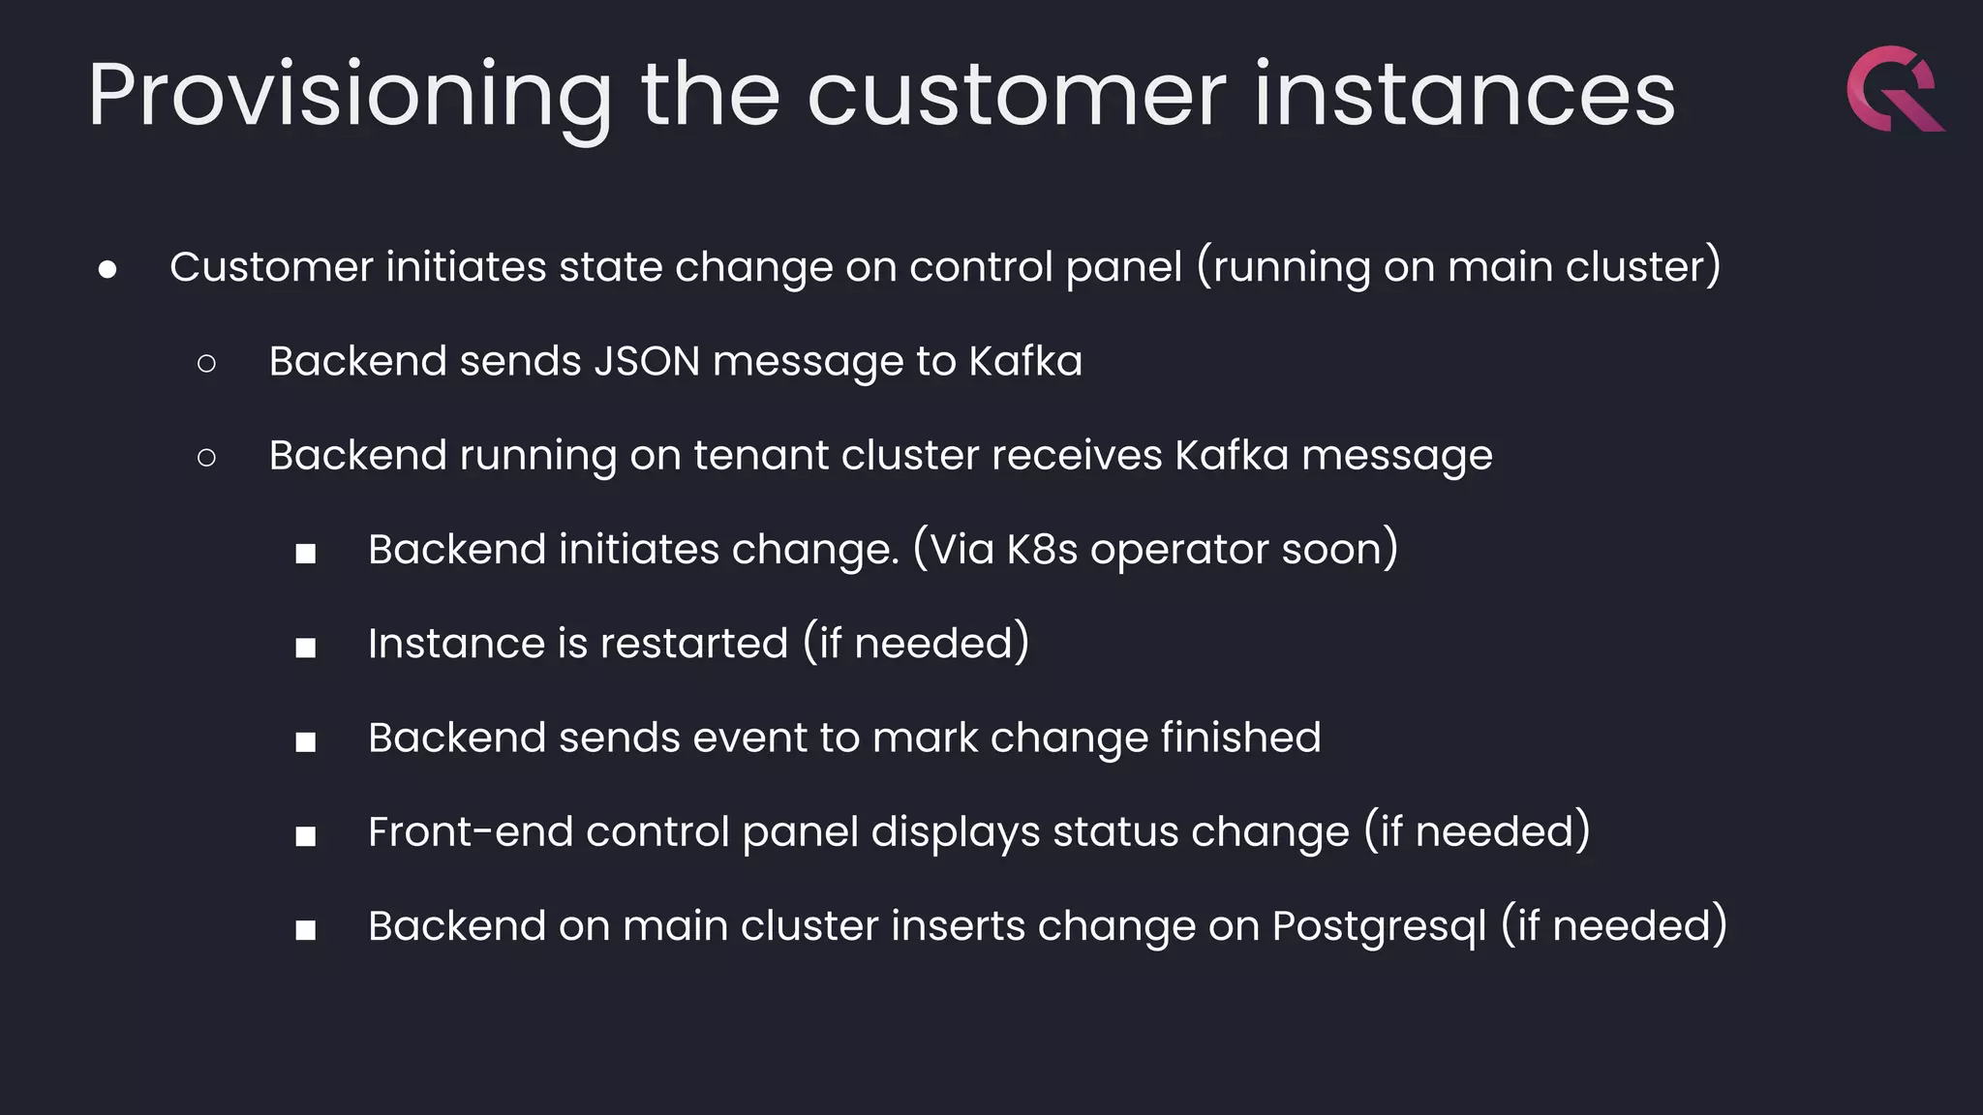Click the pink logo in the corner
(x=1894, y=88)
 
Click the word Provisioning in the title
(x=350, y=95)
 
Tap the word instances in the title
(x=1464, y=95)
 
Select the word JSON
(x=646, y=361)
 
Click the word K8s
(x=1042, y=550)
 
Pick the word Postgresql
(x=1379, y=926)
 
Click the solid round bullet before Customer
(x=107, y=269)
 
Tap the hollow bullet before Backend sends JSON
(x=206, y=363)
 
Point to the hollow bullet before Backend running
(x=206, y=457)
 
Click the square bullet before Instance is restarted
(x=306, y=648)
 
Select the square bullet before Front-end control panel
(x=306, y=835)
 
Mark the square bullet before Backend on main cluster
(x=306, y=930)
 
